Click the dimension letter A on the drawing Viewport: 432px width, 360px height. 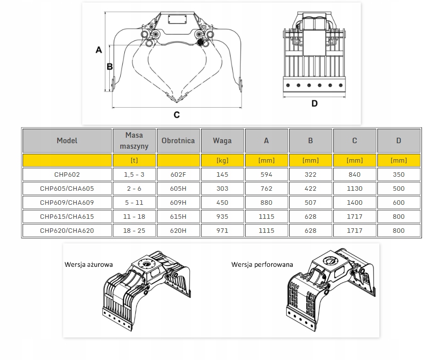(x=99, y=50)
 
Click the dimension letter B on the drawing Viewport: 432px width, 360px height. (x=110, y=66)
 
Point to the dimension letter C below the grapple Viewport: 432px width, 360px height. (x=176, y=115)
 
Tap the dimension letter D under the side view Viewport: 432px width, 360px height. (x=314, y=104)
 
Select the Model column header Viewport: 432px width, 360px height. (x=67, y=141)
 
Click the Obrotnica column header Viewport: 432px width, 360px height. (x=178, y=141)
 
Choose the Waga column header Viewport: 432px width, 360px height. (x=222, y=141)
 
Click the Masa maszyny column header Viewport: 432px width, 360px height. (x=134, y=141)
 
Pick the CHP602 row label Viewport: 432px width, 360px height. (x=67, y=175)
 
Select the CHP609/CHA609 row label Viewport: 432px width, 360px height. (x=67, y=203)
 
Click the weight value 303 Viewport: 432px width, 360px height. (x=222, y=189)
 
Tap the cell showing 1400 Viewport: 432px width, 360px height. (x=354, y=203)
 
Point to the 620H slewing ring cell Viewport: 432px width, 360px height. (x=178, y=231)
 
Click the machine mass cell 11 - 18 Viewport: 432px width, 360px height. (x=134, y=217)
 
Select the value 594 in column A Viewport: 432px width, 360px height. (x=266, y=175)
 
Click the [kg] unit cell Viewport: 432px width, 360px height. (x=222, y=160)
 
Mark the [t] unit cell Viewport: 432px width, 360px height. (x=134, y=160)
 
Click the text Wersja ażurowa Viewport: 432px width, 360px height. (x=89, y=264)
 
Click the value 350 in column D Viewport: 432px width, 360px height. (x=398, y=175)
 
